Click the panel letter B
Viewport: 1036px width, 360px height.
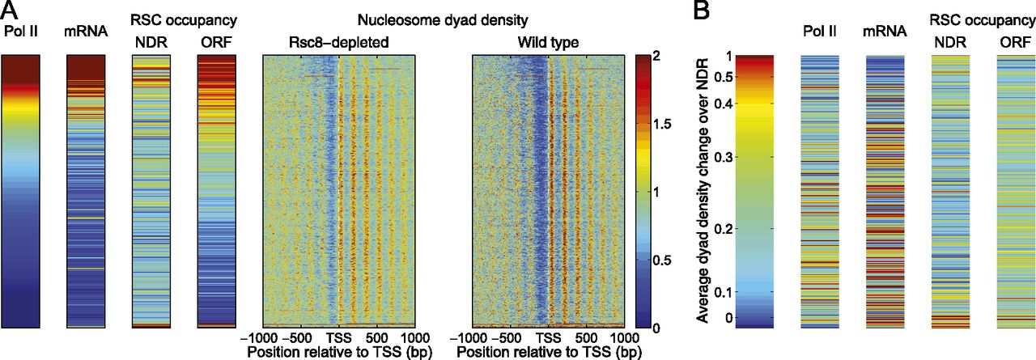pyautogui.click(x=703, y=11)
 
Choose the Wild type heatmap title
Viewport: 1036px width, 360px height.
pyautogui.click(x=548, y=42)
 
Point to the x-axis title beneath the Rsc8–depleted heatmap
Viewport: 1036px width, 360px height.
pyautogui.click(x=338, y=353)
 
